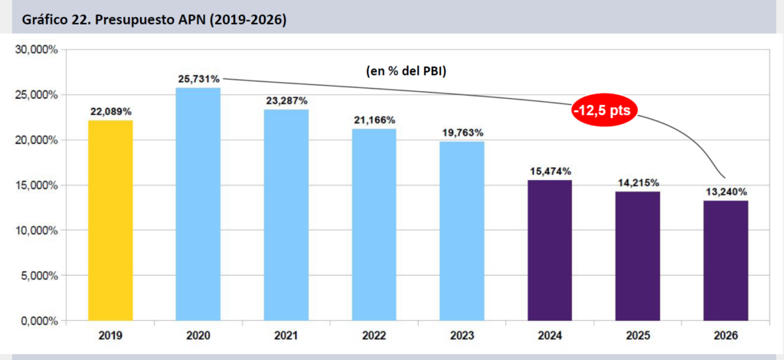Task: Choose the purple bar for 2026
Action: (x=726, y=260)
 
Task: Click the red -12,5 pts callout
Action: (x=604, y=111)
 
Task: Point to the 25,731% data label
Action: (x=198, y=79)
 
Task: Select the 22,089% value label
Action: (x=111, y=112)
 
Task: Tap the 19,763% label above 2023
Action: (x=462, y=133)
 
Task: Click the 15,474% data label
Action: (x=550, y=171)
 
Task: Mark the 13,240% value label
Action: (x=726, y=191)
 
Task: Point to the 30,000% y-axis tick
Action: (x=38, y=50)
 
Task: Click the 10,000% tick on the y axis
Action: (x=38, y=230)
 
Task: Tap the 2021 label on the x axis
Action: (x=286, y=335)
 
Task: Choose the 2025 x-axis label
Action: (x=638, y=335)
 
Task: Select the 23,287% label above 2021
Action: (x=286, y=100)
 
